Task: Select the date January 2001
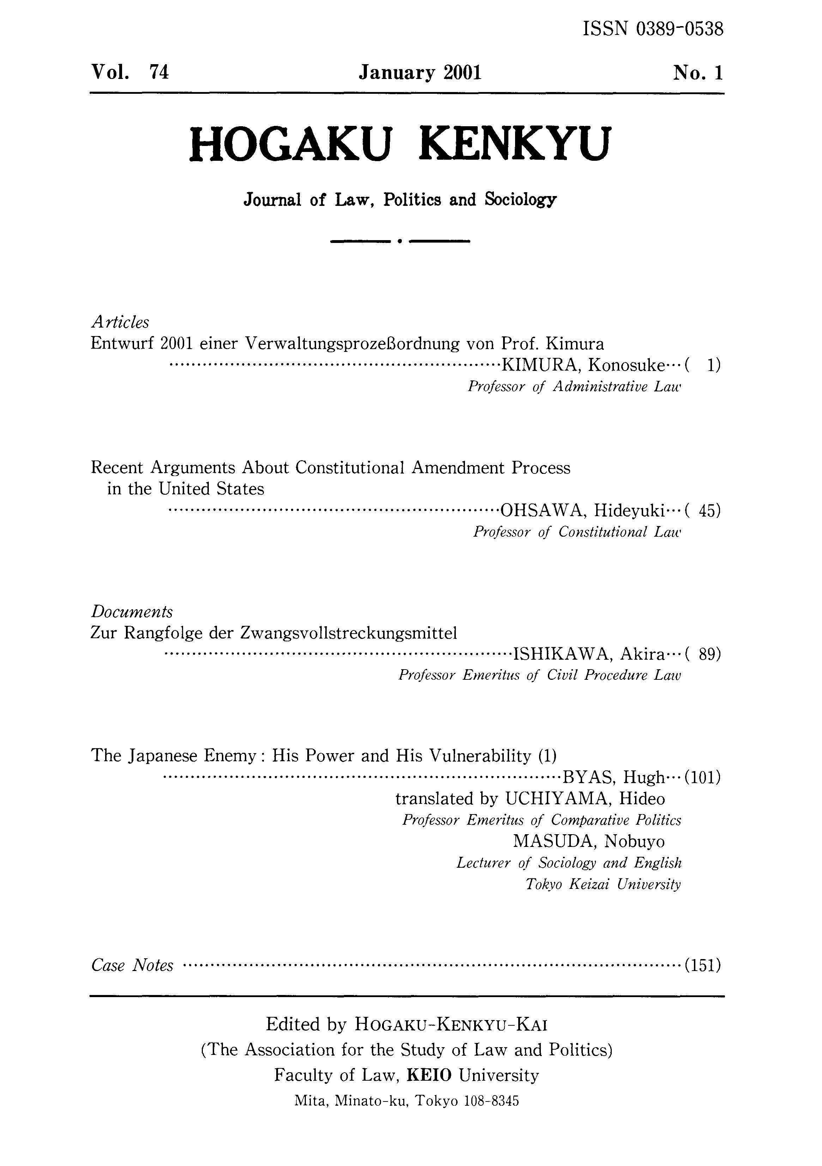pos(419,73)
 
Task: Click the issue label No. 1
pos(697,74)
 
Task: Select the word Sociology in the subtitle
pos(520,200)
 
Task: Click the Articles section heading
pos(120,322)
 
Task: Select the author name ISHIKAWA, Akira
pos(589,655)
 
